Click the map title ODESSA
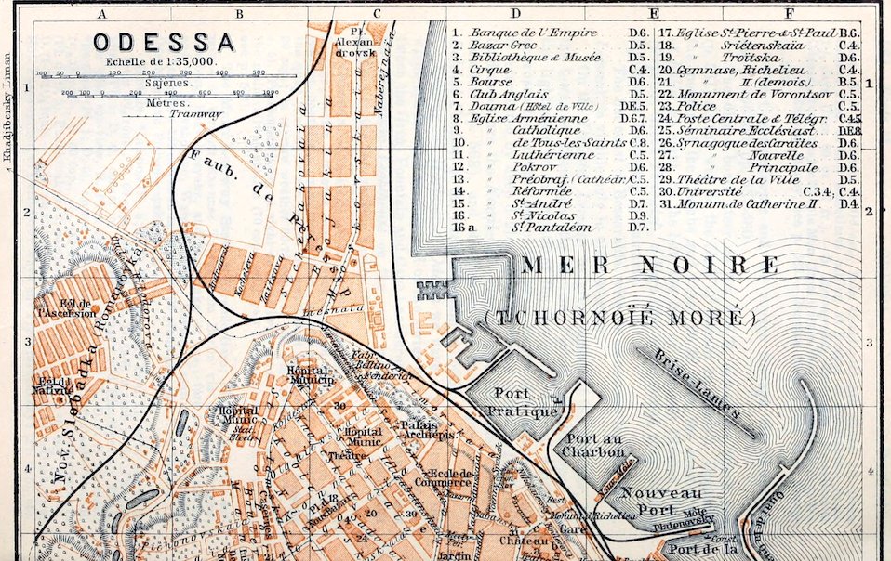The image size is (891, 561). click(x=163, y=42)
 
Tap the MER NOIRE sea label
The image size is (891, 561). click(x=649, y=266)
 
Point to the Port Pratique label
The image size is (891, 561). click(x=525, y=401)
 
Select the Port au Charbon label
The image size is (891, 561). click(x=595, y=446)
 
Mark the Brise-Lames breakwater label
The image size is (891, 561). click(x=697, y=383)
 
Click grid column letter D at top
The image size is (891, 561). click(x=514, y=12)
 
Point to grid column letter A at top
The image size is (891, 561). click(x=102, y=12)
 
